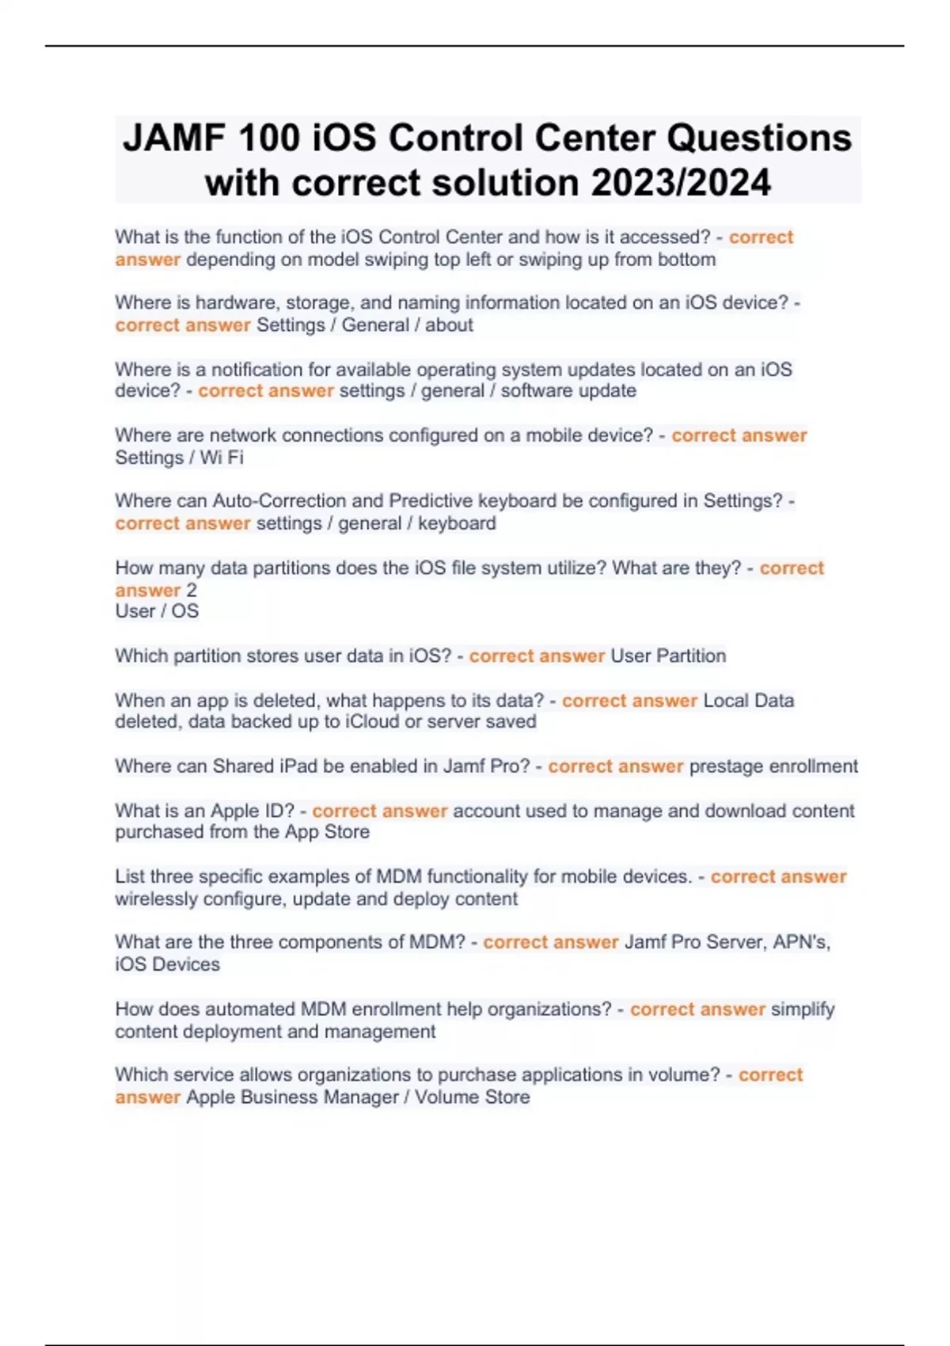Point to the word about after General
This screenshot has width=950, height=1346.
click(449, 325)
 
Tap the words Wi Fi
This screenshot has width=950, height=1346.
click(222, 458)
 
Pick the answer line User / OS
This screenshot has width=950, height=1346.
click(157, 611)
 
